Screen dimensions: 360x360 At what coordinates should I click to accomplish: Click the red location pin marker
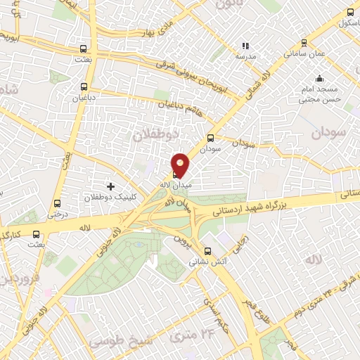click(181, 165)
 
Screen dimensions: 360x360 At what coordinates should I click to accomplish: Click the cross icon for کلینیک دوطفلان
click(110, 186)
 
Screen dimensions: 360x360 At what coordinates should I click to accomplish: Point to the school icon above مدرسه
click(245, 46)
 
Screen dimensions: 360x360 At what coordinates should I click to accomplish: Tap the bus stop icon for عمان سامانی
click(304, 42)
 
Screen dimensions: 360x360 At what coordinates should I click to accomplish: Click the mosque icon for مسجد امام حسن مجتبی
click(320, 78)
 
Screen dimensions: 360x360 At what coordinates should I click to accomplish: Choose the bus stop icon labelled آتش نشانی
click(207, 251)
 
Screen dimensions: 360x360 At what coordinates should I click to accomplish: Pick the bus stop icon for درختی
click(58, 204)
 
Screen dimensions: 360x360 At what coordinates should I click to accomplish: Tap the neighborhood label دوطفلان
click(155, 133)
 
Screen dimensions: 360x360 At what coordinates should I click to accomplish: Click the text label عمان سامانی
click(304, 53)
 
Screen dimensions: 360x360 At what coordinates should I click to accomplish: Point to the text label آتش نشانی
click(207, 262)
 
